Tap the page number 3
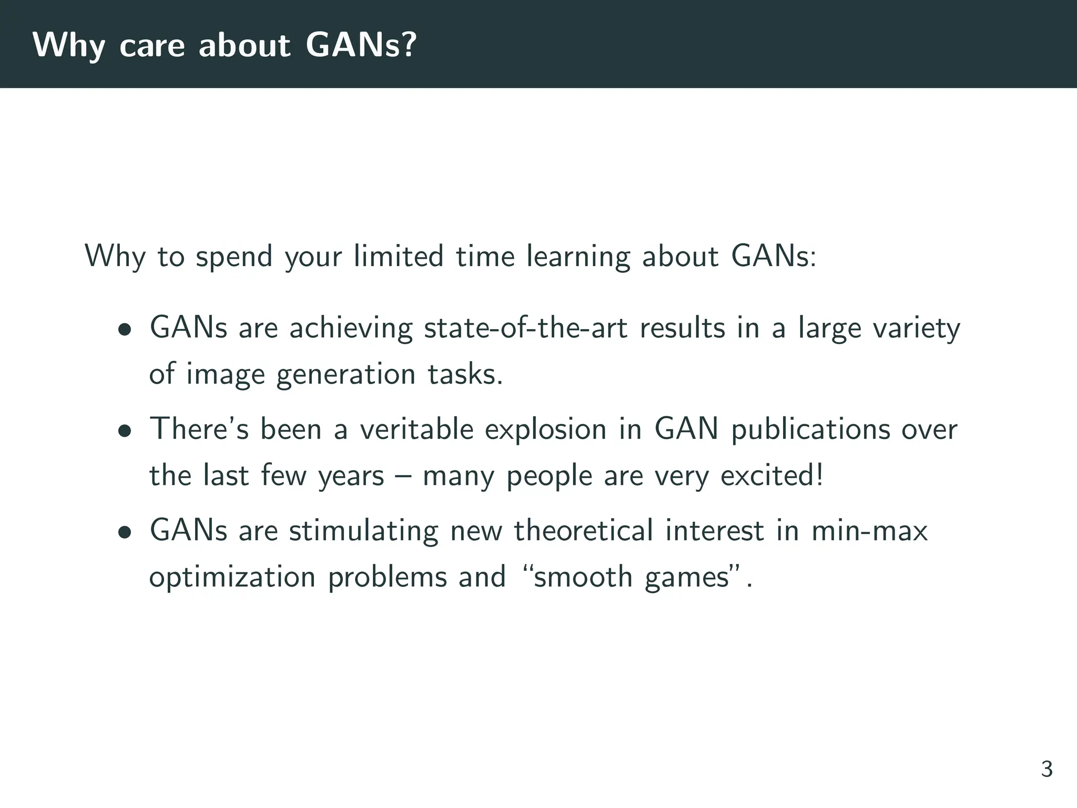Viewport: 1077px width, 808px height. tap(1046, 769)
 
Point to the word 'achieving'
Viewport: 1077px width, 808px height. tap(351, 328)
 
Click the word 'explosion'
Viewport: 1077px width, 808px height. tap(545, 430)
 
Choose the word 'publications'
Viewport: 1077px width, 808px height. tap(810, 430)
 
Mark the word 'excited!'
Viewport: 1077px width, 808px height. tap(771, 476)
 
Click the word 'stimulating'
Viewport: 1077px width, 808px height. tap(363, 530)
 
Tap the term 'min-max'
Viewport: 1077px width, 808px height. tap(869, 530)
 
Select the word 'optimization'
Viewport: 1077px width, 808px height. tap(232, 577)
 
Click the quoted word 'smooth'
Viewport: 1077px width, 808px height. tap(583, 577)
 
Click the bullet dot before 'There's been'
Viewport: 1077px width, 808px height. tap(125, 431)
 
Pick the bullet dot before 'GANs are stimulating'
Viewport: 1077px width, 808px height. tap(125, 533)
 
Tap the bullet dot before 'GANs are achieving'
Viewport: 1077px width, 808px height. tap(125, 330)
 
